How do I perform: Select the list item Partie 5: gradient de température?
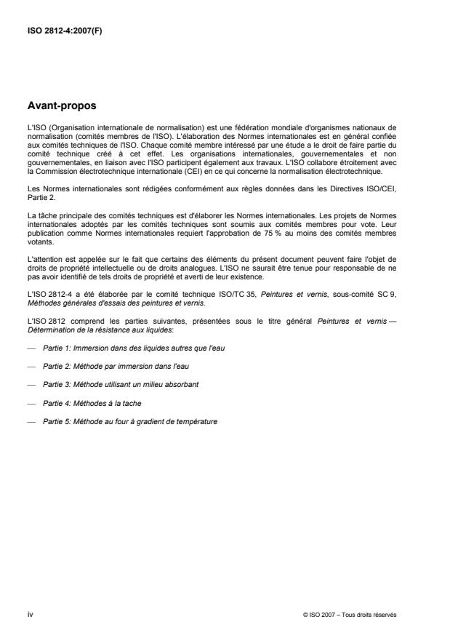(130, 421)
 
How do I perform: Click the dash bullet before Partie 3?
(31, 385)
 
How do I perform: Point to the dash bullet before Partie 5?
(31, 421)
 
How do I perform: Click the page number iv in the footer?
(30, 614)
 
